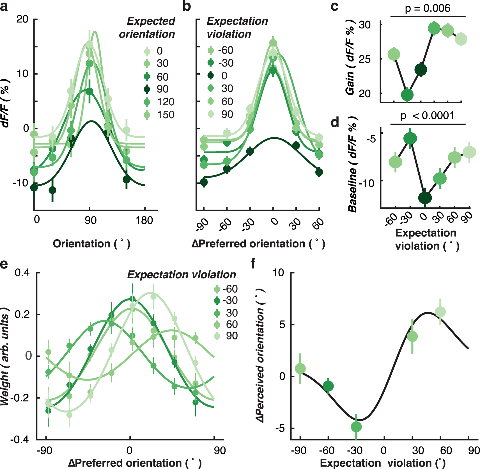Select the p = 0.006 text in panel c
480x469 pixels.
[x=428, y=8]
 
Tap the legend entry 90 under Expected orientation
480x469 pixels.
[x=158, y=89]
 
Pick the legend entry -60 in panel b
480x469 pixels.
[x=221, y=50]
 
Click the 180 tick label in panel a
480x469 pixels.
[x=144, y=220]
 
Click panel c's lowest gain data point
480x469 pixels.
[x=407, y=95]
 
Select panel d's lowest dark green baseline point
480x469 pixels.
[x=425, y=198]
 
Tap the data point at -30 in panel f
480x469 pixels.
[x=356, y=427]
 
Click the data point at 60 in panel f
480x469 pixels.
[x=440, y=312]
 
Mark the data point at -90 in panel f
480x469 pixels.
[x=300, y=368]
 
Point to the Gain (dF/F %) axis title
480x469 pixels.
[x=350, y=58]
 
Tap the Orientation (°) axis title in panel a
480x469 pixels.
[x=91, y=243]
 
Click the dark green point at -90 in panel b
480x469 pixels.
[x=204, y=182]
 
